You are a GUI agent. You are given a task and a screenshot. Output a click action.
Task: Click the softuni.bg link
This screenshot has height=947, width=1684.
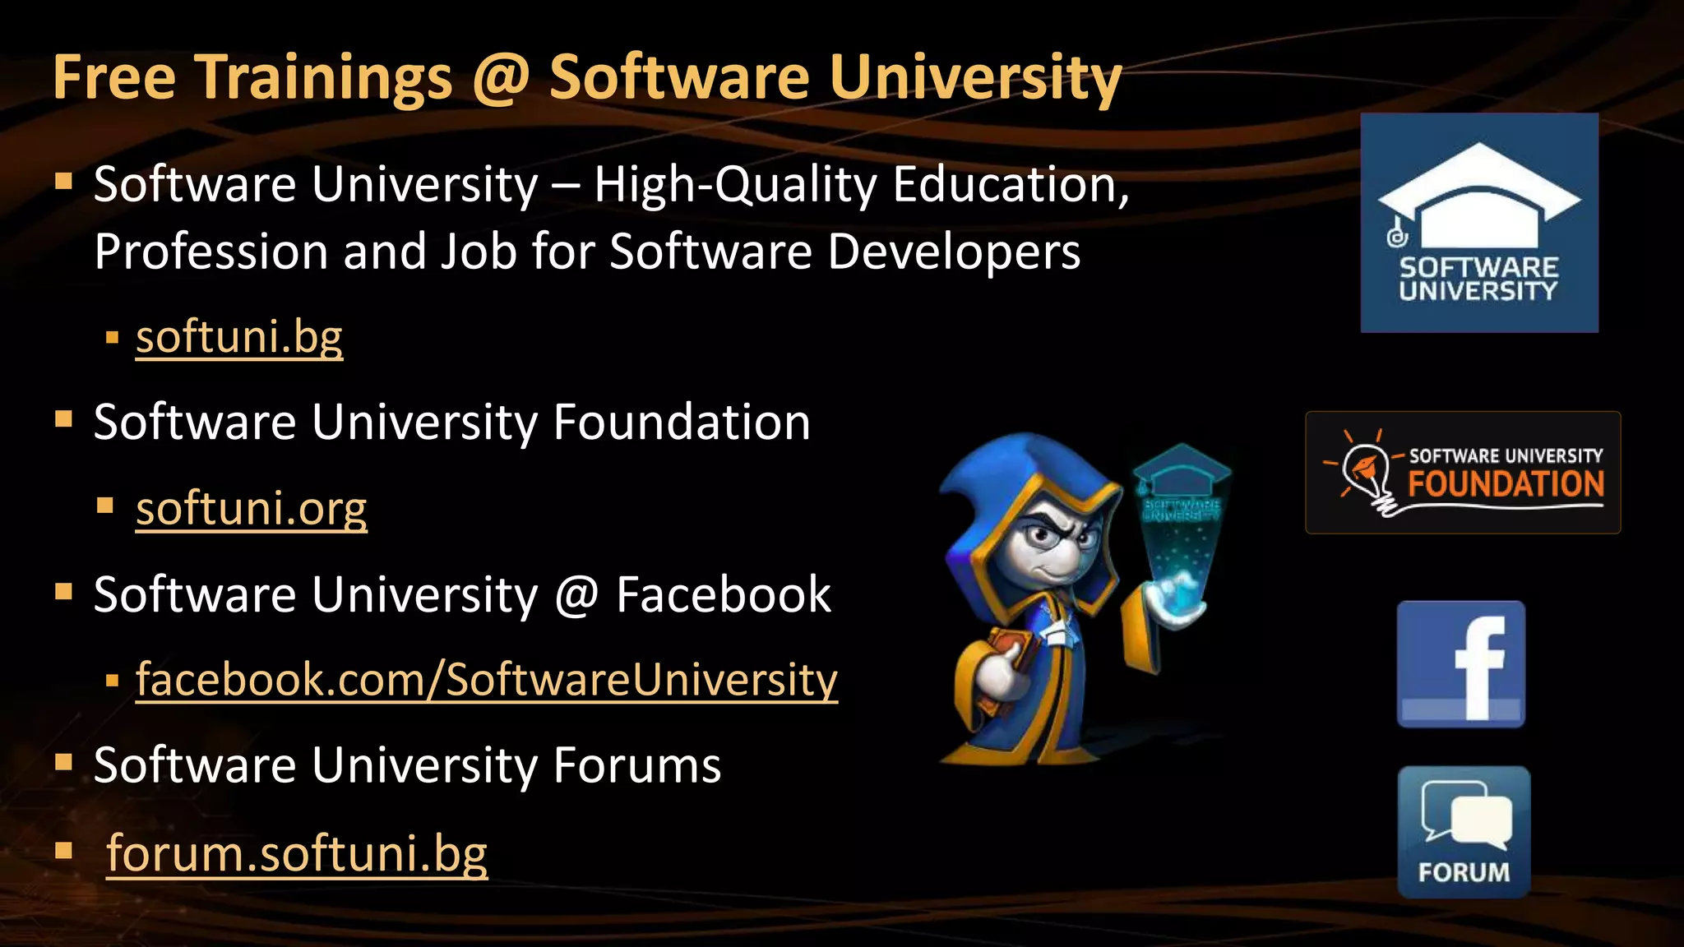(x=238, y=337)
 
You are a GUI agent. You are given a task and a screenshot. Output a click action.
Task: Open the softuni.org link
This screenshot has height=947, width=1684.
(x=251, y=509)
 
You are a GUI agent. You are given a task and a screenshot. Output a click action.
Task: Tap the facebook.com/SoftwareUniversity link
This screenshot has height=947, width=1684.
(x=486, y=680)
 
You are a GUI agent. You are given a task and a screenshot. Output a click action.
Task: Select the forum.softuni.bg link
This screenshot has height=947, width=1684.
(x=297, y=852)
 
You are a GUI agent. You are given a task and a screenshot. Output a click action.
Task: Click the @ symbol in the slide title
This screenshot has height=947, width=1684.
(x=501, y=77)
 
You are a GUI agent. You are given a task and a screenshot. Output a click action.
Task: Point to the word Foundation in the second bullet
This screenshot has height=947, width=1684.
(x=682, y=423)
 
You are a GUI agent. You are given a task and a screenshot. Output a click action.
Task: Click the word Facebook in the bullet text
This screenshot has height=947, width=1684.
(x=723, y=594)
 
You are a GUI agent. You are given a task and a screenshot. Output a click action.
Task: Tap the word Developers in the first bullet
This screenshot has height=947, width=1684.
(x=954, y=252)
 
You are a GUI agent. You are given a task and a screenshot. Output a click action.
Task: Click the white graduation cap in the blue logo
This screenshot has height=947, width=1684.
(x=1479, y=194)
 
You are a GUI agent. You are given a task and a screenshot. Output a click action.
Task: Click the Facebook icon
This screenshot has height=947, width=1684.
(x=1461, y=664)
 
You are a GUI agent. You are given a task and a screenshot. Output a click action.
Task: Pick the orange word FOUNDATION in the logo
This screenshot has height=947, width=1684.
(x=1506, y=484)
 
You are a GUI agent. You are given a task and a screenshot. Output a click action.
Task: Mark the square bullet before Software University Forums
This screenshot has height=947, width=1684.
(x=63, y=763)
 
